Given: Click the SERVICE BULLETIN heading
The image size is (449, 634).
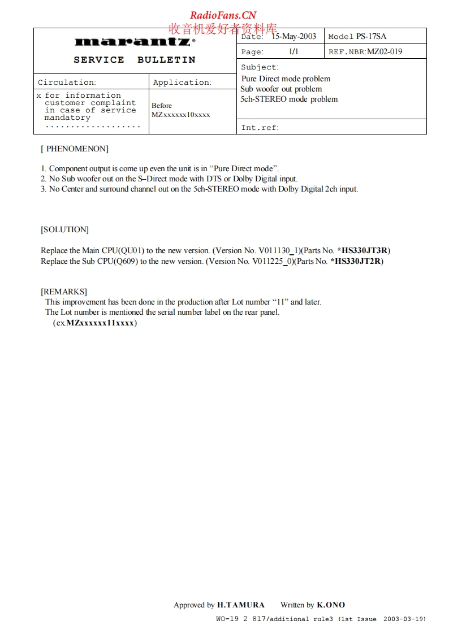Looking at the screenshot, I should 135,60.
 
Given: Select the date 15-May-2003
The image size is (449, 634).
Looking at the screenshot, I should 293,36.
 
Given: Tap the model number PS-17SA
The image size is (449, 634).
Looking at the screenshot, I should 371,36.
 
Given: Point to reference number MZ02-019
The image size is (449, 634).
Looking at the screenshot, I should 385,51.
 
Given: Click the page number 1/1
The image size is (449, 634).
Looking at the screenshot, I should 293,51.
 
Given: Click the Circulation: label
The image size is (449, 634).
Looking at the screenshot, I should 67,82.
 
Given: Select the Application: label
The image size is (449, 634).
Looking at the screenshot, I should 182,82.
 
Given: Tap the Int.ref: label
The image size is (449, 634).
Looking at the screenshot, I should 260,128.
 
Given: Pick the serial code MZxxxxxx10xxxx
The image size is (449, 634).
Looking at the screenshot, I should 180,115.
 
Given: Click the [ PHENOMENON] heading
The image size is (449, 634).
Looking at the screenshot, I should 75,149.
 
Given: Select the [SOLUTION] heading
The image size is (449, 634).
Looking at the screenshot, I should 64,229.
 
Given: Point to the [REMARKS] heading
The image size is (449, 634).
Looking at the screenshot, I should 64,292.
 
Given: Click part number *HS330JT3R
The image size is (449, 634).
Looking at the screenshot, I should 363,250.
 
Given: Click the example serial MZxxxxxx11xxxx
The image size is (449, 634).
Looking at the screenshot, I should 101,323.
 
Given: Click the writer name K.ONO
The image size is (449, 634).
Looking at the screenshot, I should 331,605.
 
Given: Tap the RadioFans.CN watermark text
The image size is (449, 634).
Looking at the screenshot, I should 223,15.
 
